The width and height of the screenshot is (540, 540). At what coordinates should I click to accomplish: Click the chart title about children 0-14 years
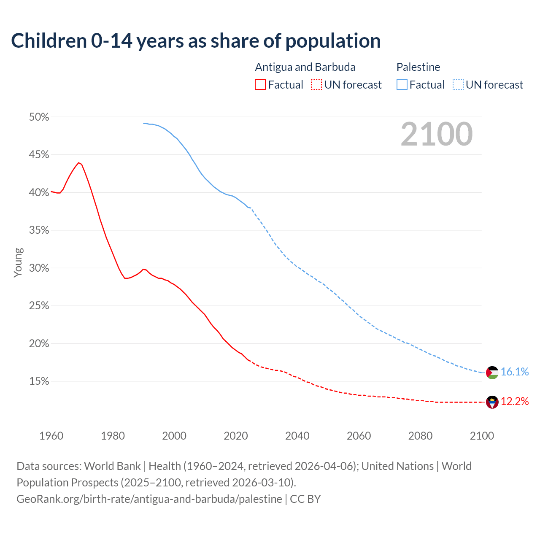(196, 41)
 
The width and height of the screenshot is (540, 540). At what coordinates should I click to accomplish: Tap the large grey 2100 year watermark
(437, 134)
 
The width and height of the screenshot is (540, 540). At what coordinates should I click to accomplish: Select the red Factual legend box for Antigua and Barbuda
(260, 85)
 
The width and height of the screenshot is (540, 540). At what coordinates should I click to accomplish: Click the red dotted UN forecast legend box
(316, 85)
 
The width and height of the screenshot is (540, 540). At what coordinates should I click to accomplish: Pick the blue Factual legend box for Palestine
(402, 85)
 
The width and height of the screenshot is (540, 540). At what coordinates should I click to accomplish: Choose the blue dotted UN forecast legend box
(458, 85)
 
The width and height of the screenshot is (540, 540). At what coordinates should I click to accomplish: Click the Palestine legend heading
(418, 67)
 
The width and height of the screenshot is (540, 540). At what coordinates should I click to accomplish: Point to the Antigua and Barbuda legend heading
(305, 67)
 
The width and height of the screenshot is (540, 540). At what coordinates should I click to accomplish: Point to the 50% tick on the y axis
(39, 117)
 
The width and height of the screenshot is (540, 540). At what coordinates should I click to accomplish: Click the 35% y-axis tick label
(39, 230)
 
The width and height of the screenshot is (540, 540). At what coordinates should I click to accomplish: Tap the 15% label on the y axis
(39, 381)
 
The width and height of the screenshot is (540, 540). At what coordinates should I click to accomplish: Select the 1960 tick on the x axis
(51, 436)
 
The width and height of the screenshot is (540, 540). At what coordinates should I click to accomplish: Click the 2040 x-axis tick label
(297, 436)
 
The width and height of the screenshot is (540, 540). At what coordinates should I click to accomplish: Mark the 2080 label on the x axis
(420, 436)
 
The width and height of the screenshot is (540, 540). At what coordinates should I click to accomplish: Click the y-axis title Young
(18, 262)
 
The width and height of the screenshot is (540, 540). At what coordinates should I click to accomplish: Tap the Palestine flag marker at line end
(492, 373)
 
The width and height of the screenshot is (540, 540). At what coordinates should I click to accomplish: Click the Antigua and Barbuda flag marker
(492, 402)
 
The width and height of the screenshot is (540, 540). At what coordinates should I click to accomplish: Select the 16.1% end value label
(515, 372)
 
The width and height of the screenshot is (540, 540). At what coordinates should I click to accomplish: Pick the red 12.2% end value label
(515, 401)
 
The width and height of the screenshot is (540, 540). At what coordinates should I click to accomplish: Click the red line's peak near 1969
(78, 162)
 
